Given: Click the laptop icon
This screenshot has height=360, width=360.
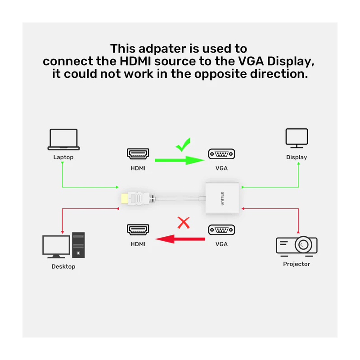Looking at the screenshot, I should tap(63, 139).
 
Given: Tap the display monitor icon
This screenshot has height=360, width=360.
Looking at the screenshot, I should tap(297, 138).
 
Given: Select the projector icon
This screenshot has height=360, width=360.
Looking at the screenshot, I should tap(297, 244).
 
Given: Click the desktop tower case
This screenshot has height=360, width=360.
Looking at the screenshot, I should tap(78, 246).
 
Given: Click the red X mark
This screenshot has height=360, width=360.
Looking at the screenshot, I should tap(183, 222).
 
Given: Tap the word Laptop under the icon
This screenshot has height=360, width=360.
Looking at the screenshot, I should tap(63, 157).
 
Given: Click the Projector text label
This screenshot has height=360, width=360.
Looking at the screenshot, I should tap(297, 264).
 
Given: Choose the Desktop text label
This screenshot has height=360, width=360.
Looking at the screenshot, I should tap(63, 266).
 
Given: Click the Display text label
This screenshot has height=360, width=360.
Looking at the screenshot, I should tap(297, 157).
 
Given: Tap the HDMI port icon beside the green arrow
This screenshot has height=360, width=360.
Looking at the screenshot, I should tap(138, 154).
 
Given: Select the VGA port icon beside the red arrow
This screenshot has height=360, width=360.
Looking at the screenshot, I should tap(221, 230).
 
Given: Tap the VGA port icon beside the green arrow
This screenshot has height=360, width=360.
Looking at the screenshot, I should tap(221, 154).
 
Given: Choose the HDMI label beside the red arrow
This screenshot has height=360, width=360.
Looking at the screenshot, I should tap(138, 244).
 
